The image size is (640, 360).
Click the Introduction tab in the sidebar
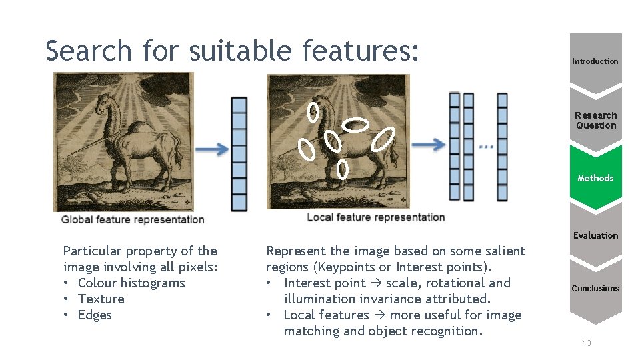coord(595,61)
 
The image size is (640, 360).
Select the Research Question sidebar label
coord(596,120)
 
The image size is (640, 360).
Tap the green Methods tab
coord(595,178)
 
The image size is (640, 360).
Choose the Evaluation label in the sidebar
coord(595,235)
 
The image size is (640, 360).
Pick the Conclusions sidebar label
coord(595,289)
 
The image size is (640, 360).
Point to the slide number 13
coord(587,343)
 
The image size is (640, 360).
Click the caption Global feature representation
coord(133,219)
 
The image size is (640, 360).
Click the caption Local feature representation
coord(375,217)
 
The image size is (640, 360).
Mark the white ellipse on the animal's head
coord(312,113)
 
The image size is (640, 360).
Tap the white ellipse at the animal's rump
coord(384,139)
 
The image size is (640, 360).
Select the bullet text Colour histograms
coord(131,283)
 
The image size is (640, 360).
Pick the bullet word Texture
coord(101,299)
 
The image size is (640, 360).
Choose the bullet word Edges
coord(95,315)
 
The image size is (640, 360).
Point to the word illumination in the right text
coord(317,299)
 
